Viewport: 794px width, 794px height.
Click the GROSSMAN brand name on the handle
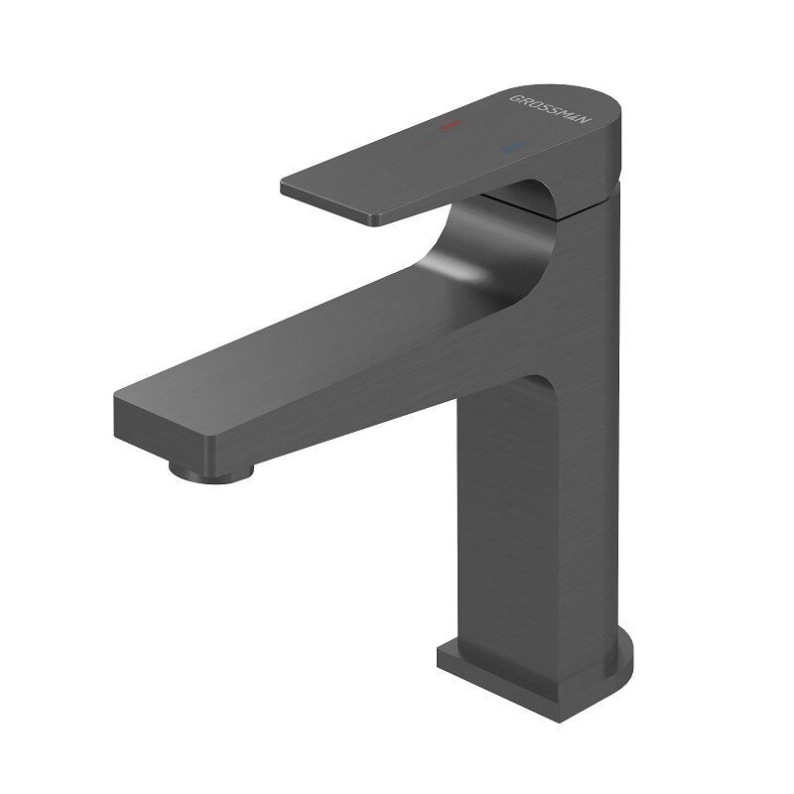pos(551,111)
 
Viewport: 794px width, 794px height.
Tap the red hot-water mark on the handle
pos(452,127)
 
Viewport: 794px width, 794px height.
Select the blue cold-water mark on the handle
pos(513,149)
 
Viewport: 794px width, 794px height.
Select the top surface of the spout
pos(328,337)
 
